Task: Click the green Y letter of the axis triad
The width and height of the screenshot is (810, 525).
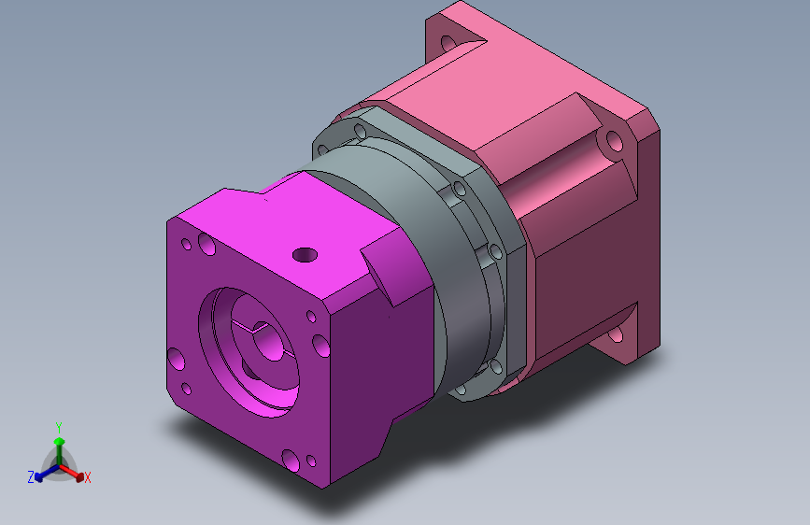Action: [59, 428]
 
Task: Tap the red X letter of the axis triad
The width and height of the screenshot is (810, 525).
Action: [87, 477]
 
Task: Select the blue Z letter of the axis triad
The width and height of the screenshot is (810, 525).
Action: [31, 477]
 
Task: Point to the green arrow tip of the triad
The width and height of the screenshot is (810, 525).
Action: [60, 441]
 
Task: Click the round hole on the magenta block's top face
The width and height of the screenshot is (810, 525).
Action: [305, 255]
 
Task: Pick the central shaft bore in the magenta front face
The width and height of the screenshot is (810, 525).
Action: [269, 341]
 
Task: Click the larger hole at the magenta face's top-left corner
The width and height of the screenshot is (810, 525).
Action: [206, 244]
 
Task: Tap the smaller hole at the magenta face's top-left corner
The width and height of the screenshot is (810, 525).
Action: [187, 244]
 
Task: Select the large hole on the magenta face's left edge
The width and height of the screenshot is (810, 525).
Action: [177, 359]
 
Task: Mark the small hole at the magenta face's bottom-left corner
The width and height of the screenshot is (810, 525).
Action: [187, 389]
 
